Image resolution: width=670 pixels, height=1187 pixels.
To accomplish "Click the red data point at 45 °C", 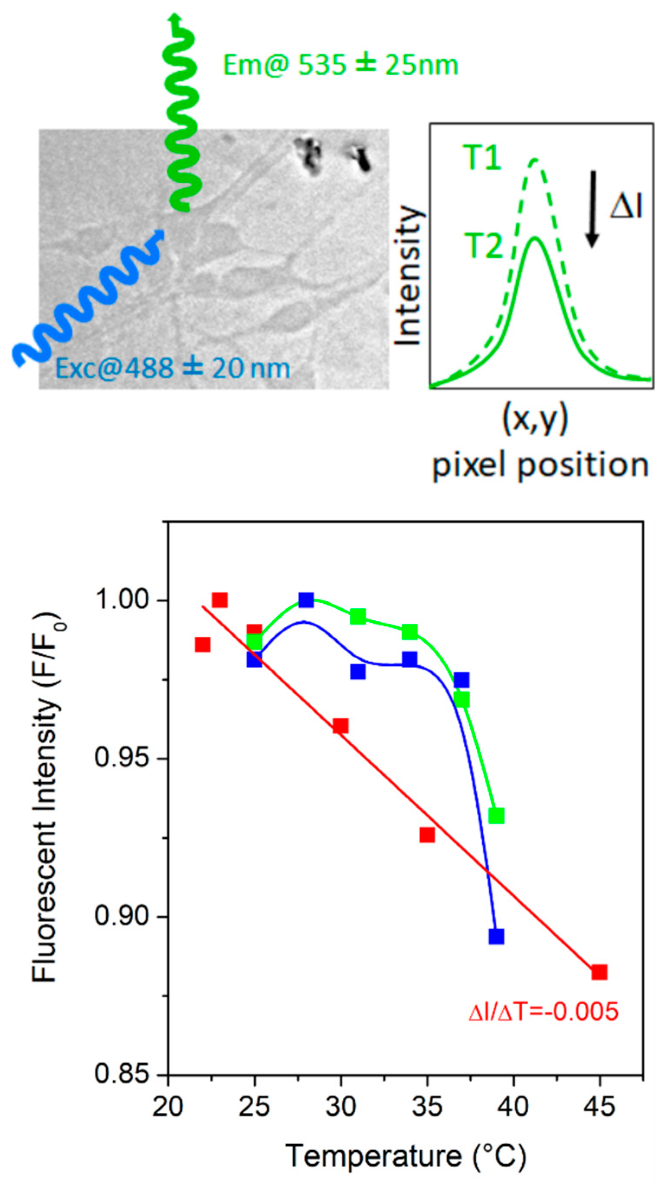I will click(x=599, y=972).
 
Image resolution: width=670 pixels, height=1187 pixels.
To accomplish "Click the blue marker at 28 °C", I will click(x=306, y=600).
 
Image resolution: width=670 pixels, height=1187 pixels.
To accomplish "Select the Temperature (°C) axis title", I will click(x=406, y=1153).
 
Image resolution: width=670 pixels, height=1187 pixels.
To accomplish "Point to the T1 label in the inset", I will click(x=482, y=159).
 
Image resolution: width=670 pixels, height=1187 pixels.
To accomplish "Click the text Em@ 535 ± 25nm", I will click(x=341, y=65).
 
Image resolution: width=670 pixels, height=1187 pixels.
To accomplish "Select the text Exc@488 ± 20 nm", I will click(x=172, y=368).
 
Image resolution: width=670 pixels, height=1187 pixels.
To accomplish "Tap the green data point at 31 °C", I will click(x=358, y=616).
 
